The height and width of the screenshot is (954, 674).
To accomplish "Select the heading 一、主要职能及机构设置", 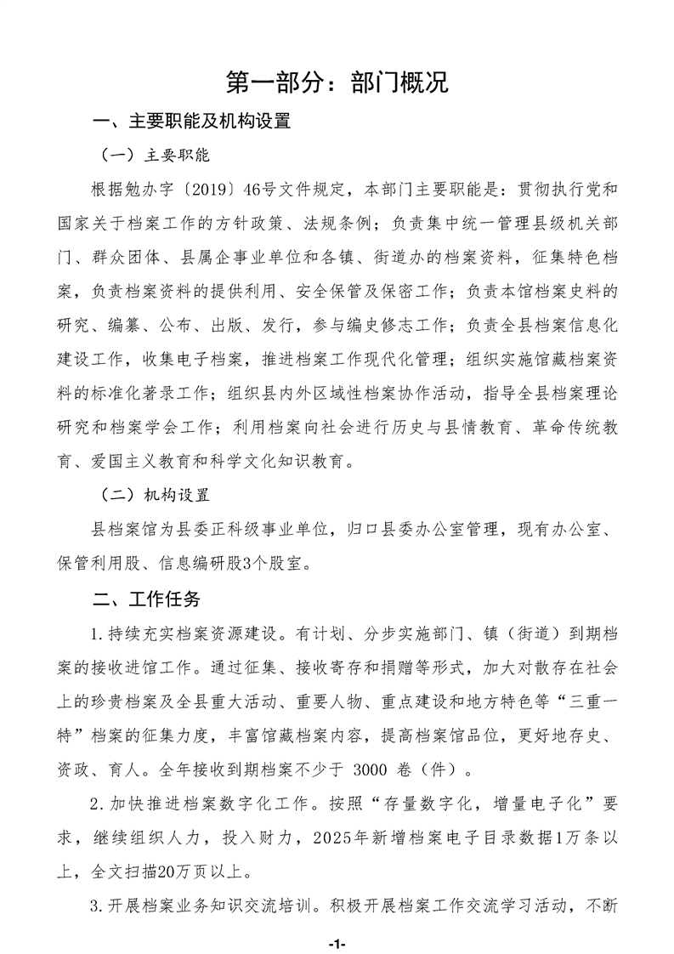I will pyautogui.click(x=192, y=122).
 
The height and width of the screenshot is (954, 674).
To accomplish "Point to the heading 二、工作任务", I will pyautogui.click(x=146, y=599).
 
